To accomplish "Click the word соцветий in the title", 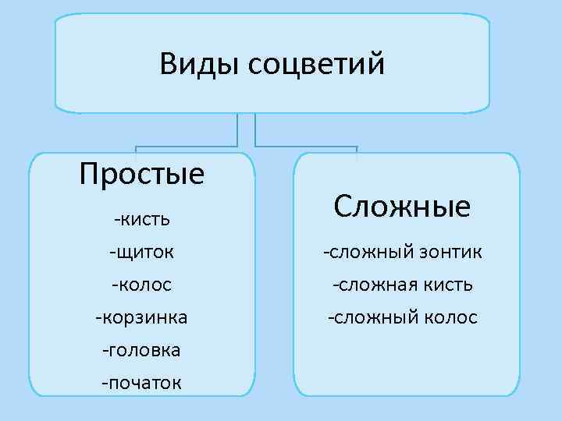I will (317, 65).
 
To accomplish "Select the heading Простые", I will (142, 173).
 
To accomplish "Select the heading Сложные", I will (402, 207).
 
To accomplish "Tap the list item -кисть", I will (142, 219).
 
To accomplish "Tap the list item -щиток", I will (142, 252).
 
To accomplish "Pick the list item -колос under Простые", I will (142, 285).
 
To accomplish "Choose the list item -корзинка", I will (142, 317).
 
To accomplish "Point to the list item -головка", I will (142, 350).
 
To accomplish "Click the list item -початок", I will (142, 383).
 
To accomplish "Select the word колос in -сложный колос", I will (450, 317).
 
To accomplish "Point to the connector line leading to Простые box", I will (187, 146).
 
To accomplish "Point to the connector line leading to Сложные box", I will (306, 146).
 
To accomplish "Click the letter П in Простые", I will (89, 173).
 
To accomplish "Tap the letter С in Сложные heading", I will (341, 207).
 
